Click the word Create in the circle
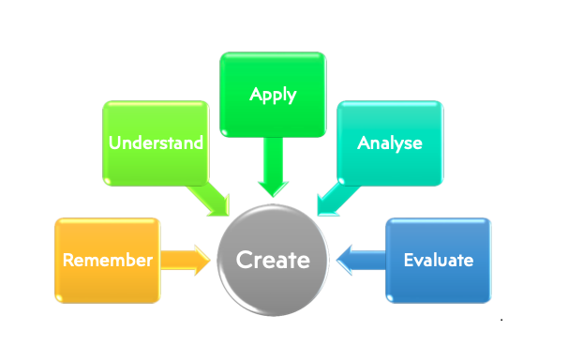[273, 260]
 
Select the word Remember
[107, 261]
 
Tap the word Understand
[157, 143]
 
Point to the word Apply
[273, 95]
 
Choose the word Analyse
[390, 143]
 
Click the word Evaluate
[438, 261]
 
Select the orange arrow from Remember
[186, 260]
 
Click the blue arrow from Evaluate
[360, 260]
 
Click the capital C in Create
[243, 260]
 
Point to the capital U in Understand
[114, 143]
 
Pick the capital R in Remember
[68, 261]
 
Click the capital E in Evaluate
[408, 261]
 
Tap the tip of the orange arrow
[209, 260]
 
